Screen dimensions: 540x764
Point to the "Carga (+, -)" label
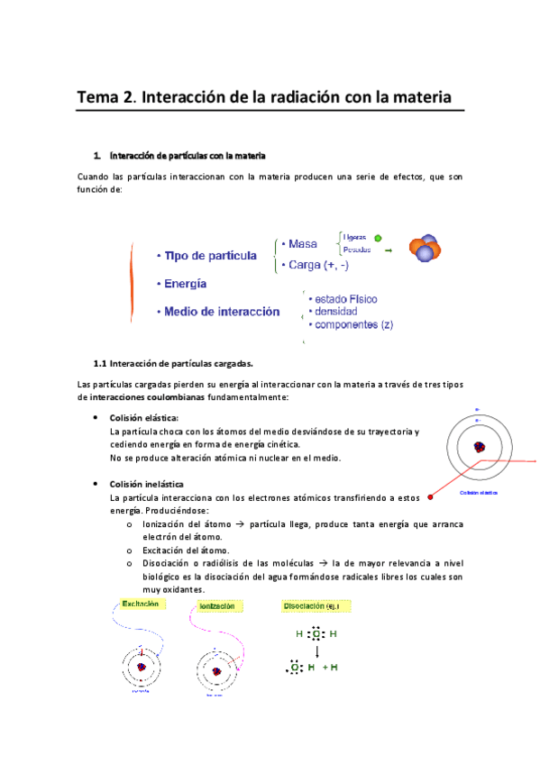pyautogui.click(x=319, y=265)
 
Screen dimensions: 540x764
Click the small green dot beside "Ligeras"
pyautogui.click(x=378, y=238)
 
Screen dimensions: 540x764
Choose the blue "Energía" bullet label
pyautogui.click(x=185, y=284)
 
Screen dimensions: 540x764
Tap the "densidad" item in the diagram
pyautogui.click(x=335, y=311)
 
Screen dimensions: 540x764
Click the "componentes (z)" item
pyautogui.click(x=352, y=324)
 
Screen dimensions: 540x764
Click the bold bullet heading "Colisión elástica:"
pyautogui.click(x=143, y=418)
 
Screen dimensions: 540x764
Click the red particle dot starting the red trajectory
pyautogui.click(x=431, y=496)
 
